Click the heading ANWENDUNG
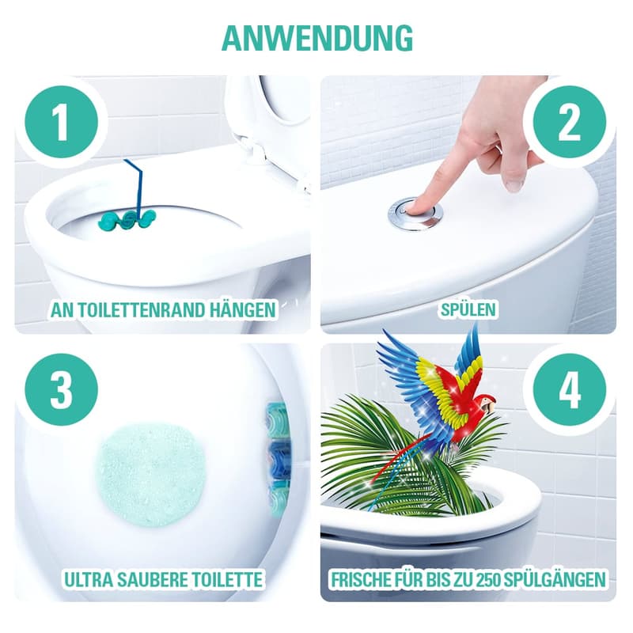point(316,37)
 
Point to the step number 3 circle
point(61,389)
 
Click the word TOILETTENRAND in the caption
point(145,309)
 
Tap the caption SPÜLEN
point(468,309)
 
